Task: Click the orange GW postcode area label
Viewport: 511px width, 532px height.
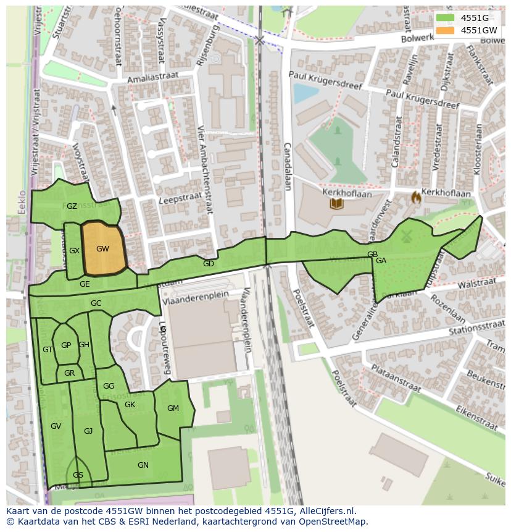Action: coord(102,249)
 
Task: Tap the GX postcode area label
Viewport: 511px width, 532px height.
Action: coord(75,251)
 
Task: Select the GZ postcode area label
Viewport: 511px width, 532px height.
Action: coord(72,206)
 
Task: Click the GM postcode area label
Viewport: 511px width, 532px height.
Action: coord(173,408)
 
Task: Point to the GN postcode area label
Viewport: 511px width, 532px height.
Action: coord(143,465)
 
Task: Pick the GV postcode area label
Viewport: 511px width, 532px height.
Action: coord(56,426)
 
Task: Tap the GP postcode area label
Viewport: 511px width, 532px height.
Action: coord(66,345)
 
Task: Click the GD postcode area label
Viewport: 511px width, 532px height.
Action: coord(209,264)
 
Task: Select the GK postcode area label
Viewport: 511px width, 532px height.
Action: coord(130,405)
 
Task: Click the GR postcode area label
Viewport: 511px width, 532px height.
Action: coord(69,373)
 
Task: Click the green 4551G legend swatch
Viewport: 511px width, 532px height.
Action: coord(444,18)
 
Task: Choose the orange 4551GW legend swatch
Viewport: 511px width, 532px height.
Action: coord(444,30)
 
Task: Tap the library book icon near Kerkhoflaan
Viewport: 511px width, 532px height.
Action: coord(336,203)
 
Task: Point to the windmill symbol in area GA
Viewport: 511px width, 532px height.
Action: coord(406,235)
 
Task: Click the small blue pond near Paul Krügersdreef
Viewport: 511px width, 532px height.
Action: coord(304,93)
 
